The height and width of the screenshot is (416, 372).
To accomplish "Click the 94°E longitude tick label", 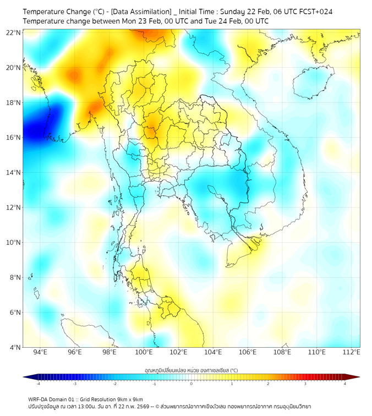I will click(x=40, y=352).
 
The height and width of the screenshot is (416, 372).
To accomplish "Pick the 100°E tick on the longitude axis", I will click(x=144, y=352).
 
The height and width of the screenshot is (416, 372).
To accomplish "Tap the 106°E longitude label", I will click(x=248, y=352).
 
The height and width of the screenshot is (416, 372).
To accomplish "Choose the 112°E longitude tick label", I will click(x=352, y=352).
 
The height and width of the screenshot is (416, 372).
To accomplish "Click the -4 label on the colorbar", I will click(x=38, y=384).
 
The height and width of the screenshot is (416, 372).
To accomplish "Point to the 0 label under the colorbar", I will click(x=192, y=384).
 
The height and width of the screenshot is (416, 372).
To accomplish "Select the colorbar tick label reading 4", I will click(x=345, y=384).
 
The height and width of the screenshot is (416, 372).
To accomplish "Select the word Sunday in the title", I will click(x=234, y=11).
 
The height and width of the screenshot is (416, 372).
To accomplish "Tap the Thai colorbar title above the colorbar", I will click(x=191, y=370).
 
